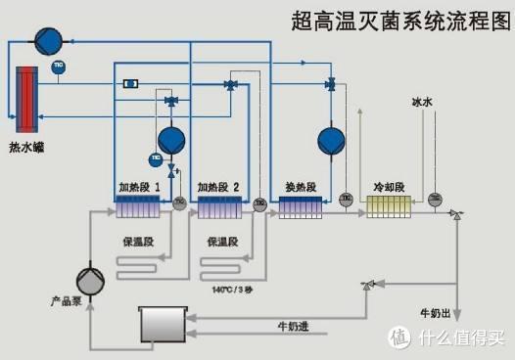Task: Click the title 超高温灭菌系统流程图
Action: coord(396,23)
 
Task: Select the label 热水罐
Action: coord(26,149)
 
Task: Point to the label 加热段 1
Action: coord(139,186)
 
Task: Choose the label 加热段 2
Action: coord(217,186)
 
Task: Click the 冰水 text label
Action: coord(423,101)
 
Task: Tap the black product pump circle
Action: coord(91,281)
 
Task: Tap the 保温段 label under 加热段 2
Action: coord(221,239)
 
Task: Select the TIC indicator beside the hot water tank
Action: coord(59,67)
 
